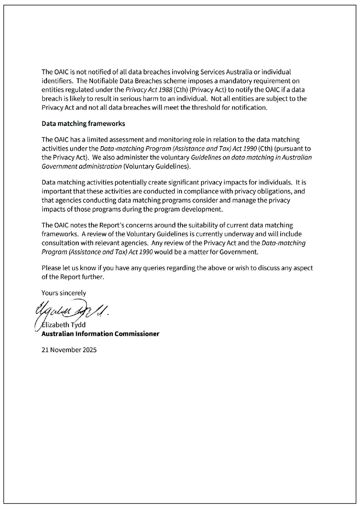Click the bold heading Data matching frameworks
coord(83,124)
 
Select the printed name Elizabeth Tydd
coord(64,325)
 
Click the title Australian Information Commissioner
coord(100,334)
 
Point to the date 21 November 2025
coord(69,350)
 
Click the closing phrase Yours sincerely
coord(64,293)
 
